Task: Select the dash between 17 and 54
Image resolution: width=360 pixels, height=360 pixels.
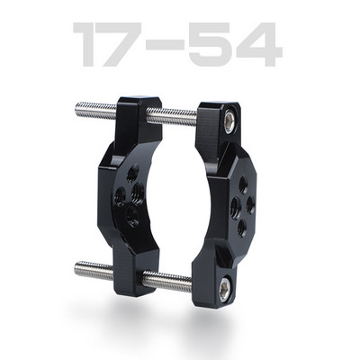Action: tap(178, 48)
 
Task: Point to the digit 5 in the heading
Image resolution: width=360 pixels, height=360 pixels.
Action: tap(221, 46)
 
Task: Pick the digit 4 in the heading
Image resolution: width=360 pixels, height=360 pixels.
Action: tap(263, 46)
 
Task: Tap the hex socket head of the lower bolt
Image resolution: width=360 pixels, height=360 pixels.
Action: tap(223, 287)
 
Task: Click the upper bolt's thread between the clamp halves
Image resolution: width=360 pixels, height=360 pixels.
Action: tap(175, 115)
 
